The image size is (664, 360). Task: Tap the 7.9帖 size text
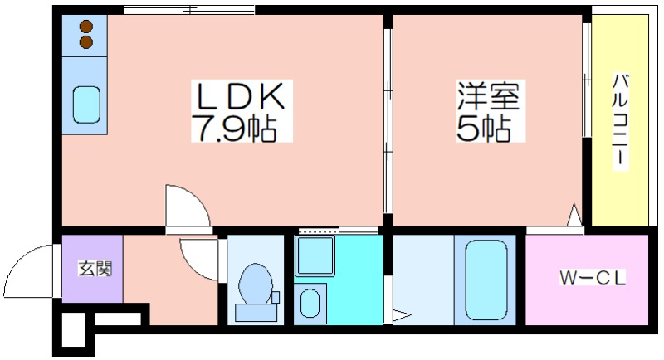click(234, 128)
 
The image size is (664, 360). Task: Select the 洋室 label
click(488, 95)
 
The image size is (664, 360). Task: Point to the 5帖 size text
click(483, 128)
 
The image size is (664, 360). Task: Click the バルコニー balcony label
click(620, 120)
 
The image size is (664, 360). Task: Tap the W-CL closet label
click(593, 278)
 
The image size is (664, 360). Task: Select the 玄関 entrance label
click(95, 268)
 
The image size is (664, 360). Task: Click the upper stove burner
click(86, 27)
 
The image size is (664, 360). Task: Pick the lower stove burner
click(86, 41)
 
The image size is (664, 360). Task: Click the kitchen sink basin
click(86, 105)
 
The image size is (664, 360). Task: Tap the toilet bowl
click(256, 284)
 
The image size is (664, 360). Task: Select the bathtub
click(486, 281)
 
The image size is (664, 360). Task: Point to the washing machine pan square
click(315, 256)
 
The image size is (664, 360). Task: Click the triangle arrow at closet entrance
click(574, 215)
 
